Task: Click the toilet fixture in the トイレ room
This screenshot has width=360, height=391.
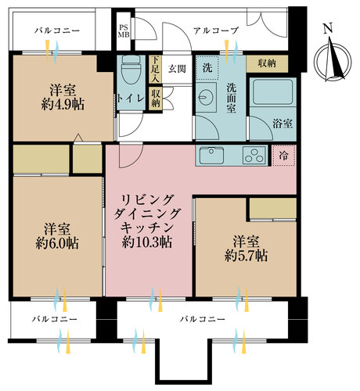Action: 131,70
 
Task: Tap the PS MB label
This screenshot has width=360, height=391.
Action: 124,31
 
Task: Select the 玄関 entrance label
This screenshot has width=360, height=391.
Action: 177,69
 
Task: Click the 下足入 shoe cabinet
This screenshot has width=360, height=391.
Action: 156,69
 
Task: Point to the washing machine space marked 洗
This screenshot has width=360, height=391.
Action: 207,68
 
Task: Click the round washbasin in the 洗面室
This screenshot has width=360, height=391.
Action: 205,98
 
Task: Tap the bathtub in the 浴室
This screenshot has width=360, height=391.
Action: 273,92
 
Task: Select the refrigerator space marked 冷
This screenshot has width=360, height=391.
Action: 283,156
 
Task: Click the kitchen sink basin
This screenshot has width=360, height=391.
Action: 211,155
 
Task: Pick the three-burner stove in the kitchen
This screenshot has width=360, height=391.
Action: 254,156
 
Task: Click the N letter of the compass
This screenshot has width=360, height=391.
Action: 328,28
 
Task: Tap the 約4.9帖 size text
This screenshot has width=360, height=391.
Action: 63,105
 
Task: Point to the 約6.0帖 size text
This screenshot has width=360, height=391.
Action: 57,243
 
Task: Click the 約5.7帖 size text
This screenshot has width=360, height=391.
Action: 247,256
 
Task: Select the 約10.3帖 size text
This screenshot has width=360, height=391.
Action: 147,242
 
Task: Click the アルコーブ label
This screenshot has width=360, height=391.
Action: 216,30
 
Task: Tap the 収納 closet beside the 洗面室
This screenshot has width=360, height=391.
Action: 267,63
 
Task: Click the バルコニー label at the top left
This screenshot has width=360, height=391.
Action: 57,30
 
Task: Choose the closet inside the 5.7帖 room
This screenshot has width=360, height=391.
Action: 273,208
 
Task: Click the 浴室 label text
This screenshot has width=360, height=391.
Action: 283,124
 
